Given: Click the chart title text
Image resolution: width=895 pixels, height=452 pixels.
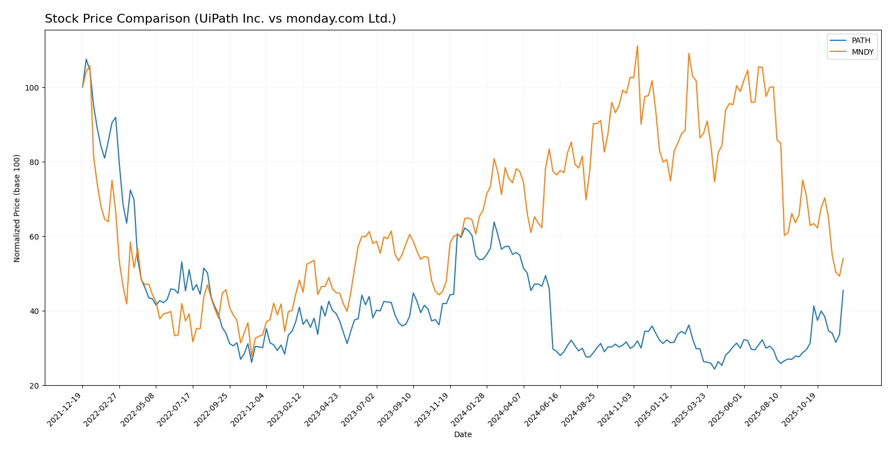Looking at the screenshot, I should (220, 19).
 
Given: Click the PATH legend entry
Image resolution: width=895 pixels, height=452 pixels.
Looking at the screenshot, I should (861, 41).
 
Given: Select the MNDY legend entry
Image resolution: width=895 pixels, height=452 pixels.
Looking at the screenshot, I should (862, 52).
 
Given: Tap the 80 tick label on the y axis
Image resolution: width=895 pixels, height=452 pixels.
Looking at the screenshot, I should (34, 162).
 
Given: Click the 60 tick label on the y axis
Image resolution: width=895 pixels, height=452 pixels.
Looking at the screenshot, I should (34, 237).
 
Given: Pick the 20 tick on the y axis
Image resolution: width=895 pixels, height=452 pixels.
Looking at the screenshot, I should (34, 386).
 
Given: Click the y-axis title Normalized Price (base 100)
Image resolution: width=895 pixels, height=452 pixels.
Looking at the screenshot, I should (17, 208).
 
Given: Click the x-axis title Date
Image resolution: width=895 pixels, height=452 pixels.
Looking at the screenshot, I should (462, 435).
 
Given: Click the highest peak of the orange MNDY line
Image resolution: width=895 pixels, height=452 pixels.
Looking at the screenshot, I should (637, 46).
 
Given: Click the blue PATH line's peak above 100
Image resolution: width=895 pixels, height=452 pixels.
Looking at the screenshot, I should (86, 59).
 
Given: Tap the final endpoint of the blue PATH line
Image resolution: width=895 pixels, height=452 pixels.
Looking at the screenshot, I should (843, 290).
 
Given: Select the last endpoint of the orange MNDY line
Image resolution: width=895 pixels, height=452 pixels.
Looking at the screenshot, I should (843, 258).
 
